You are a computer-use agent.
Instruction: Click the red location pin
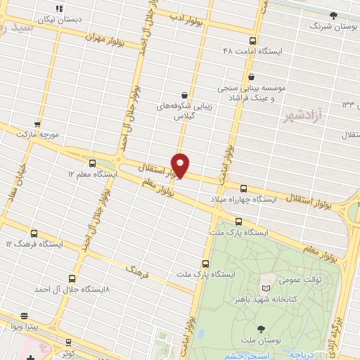tap(181, 165)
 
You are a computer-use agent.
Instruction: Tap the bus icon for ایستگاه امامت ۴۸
tap(252, 41)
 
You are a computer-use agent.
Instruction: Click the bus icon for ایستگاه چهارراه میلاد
tap(243, 188)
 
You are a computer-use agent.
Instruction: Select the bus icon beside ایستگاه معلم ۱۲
tap(92, 162)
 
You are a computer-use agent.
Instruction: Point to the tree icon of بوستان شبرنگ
tap(333, 15)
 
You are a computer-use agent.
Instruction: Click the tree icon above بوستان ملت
tap(262, 328)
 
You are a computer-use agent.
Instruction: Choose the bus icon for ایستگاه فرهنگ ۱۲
tap(34, 233)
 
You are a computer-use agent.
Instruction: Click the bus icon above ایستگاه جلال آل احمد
tap(72, 278)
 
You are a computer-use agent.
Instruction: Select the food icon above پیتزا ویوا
tap(25, 316)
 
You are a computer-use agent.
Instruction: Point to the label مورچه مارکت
tap(36, 133)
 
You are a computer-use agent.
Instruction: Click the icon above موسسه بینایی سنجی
tap(252, 77)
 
